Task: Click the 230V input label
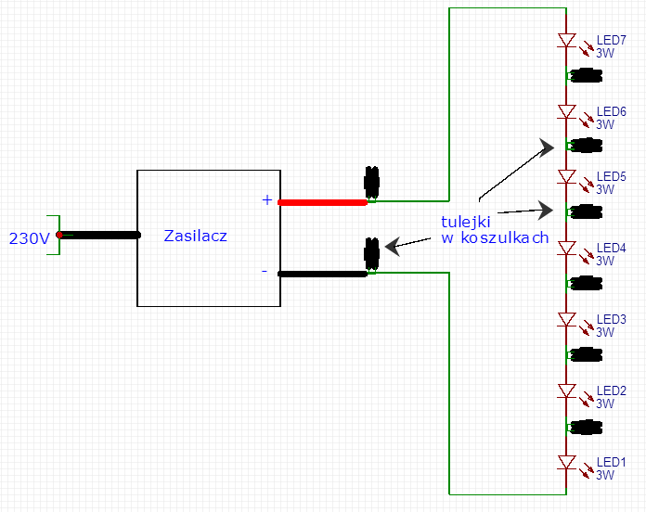coord(30,238)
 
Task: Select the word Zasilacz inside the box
coord(195,236)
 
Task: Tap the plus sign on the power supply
coord(267,200)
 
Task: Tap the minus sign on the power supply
coord(265,271)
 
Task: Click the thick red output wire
coord(323,202)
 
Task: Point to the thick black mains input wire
coord(99,235)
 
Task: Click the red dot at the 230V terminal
coord(59,235)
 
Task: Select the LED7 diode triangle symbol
coord(566,40)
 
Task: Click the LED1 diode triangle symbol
coord(566,462)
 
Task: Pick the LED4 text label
coord(612,249)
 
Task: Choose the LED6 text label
coord(612,111)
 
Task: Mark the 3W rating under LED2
coord(605,403)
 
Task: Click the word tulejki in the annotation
coord(466,222)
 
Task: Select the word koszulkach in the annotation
coord(505,237)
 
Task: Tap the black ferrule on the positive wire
coord(371,182)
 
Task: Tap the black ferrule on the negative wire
coord(371,253)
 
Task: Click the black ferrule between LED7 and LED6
coord(585,76)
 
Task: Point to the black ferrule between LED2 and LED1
coord(585,428)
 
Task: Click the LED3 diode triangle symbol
coord(566,319)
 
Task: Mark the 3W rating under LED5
coord(605,190)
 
